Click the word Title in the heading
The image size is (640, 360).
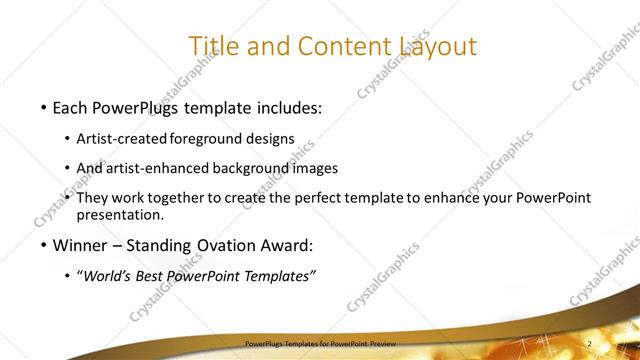[x=213, y=46]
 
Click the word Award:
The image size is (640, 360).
[x=286, y=245]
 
